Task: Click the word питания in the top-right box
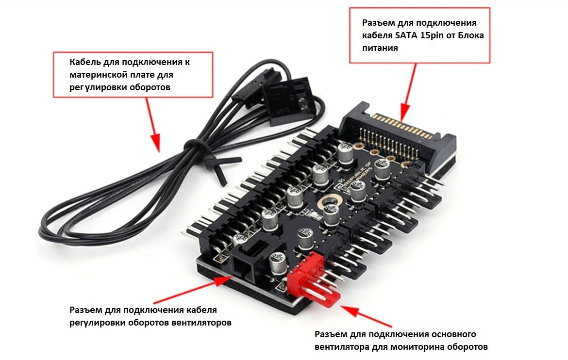click(x=380, y=48)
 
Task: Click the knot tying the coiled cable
click(x=210, y=160)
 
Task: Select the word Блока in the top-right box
click(x=471, y=35)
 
